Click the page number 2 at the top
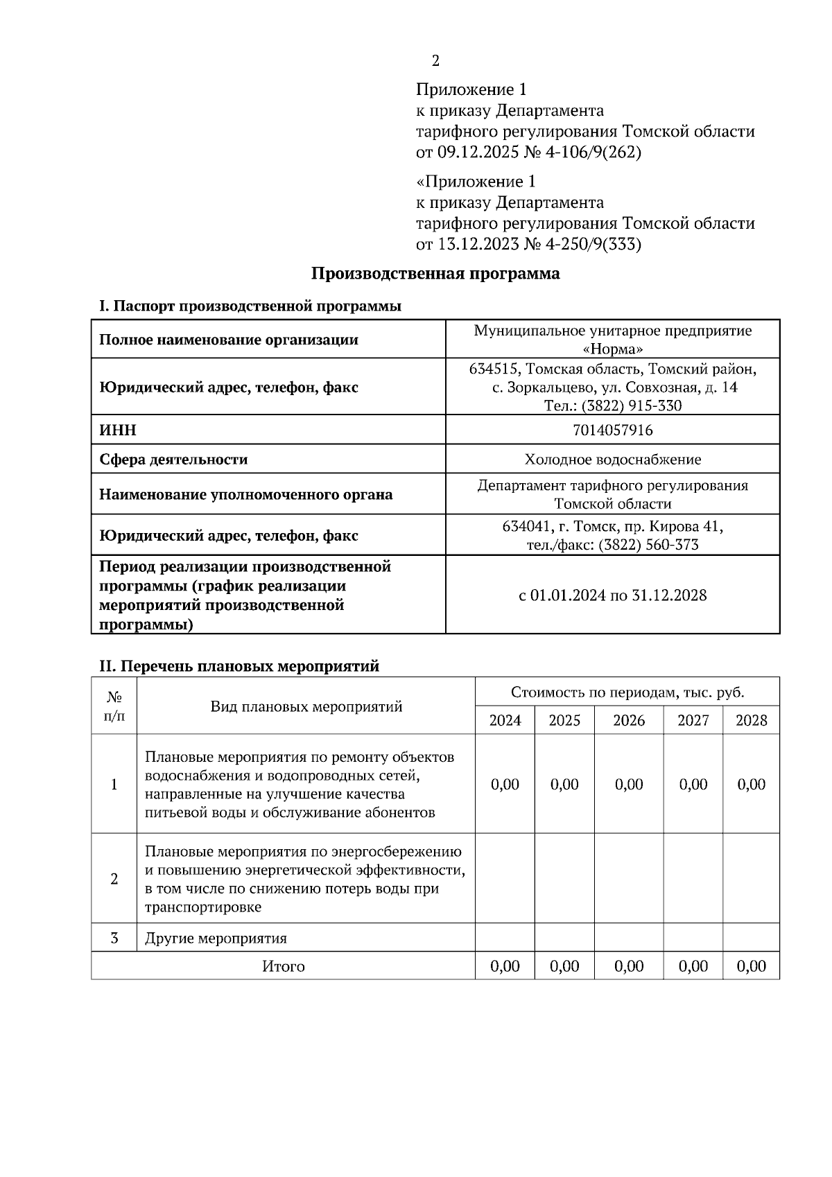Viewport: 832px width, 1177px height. coord(435,61)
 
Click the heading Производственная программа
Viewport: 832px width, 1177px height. coord(435,274)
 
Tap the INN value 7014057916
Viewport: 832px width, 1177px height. coord(612,430)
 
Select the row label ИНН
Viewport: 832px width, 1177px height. coord(118,430)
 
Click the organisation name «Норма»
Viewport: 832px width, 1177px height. coord(612,349)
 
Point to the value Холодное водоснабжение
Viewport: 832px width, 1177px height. coord(612,460)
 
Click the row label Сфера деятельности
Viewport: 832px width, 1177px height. coord(173,460)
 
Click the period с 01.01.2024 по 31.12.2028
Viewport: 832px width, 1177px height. coord(612,595)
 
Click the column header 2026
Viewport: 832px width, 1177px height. coord(628,721)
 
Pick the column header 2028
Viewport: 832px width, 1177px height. coord(751,721)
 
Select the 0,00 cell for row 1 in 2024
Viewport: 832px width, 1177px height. coord(505,785)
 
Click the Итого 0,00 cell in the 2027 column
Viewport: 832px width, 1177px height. coord(693,966)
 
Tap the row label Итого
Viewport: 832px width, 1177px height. coord(283,966)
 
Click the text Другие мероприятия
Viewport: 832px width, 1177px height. coord(216,939)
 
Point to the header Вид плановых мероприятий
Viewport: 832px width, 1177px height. coord(306,707)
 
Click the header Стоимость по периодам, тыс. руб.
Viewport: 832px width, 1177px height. coord(627,692)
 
